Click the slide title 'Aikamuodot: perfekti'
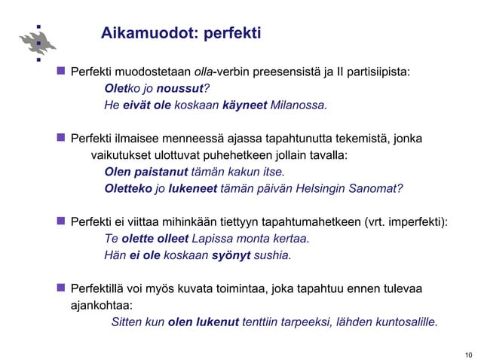coord(181,33)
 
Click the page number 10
coord(468,354)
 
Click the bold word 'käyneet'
coord(244,105)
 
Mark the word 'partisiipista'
coord(378,72)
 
